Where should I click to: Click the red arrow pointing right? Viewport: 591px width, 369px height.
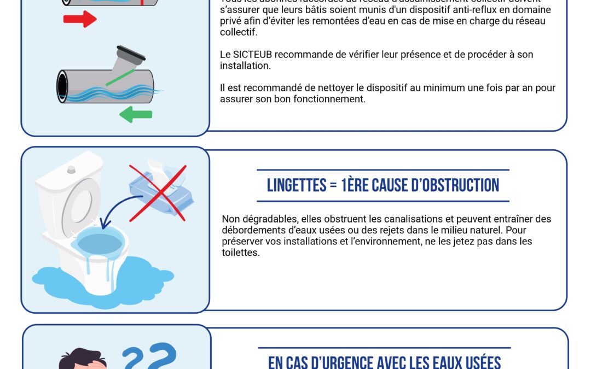[80, 19]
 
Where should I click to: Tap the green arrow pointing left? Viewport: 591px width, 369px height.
[135, 114]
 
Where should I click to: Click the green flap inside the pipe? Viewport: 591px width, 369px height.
[120, 77]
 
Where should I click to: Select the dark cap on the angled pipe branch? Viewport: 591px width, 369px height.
[131, 52]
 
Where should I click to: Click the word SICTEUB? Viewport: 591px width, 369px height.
[251, 55]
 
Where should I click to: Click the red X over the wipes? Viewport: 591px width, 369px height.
[158, 192]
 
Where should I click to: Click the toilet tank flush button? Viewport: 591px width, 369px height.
[71, 169]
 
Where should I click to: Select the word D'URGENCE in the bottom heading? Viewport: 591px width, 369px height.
[344, 362]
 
